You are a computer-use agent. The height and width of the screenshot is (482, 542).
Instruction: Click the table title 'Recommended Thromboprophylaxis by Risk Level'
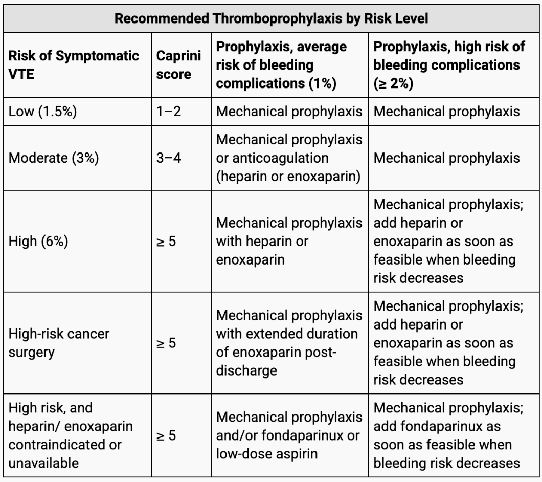tap(271, 18)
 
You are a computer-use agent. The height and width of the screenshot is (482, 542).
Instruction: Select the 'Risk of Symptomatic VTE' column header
tap(74, 64)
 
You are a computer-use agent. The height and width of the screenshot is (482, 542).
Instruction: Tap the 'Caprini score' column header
tap(179, 64)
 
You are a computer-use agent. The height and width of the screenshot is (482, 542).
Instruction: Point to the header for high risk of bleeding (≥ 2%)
tap(449, 64)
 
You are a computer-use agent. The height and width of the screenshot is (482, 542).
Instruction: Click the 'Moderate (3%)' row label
tap(54, 158)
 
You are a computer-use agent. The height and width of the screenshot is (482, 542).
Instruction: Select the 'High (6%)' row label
tap(39, 241)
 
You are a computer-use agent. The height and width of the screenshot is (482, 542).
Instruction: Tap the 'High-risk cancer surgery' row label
tap(59, 343)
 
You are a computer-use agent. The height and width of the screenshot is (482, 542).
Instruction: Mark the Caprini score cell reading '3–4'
tap(169, 158)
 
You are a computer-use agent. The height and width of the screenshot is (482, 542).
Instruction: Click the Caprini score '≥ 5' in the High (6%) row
tap(166, 241)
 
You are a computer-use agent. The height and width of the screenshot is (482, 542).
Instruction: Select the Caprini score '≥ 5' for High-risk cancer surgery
tap(166, 343)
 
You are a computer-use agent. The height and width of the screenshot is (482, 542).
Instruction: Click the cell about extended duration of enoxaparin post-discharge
tap(289, 343)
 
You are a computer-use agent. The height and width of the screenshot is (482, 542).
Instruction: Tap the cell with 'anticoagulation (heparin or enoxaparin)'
tap(289, 158)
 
